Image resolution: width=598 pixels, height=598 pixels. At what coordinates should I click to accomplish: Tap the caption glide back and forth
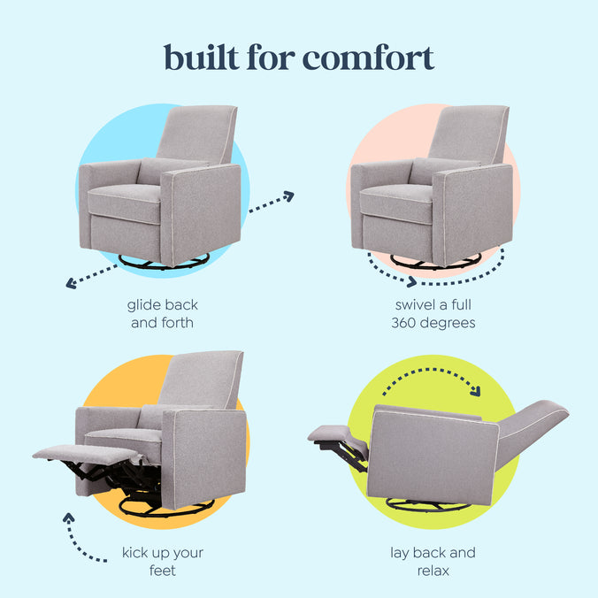pos(162,314)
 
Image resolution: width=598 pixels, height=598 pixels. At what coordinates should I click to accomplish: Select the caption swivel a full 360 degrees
pos(433,314)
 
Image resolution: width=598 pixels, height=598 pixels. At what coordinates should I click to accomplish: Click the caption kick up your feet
pos(162,562)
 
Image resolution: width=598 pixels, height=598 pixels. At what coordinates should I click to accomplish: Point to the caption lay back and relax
pos(433,562)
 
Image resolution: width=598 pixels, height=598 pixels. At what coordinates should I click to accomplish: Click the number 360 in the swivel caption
pos(405,323)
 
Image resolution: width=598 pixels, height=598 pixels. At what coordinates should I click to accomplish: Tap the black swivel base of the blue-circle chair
pos(164,261)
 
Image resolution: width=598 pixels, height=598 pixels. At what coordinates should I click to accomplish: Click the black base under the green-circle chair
pos(429,505)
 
